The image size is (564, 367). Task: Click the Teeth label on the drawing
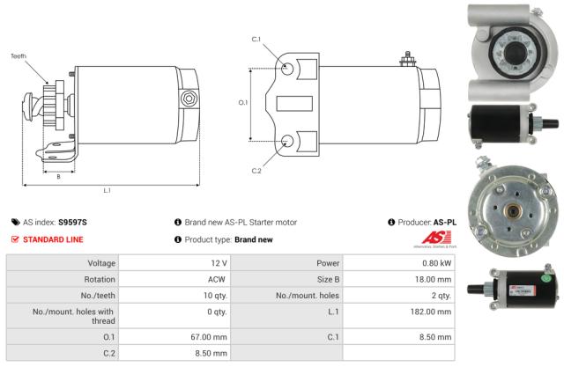click(x=19, y=55)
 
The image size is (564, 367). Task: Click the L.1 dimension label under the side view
click(x=107, y=190)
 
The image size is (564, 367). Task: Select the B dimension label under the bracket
click(x=58, y=175)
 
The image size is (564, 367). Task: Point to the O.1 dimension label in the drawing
click(x=244, y=103)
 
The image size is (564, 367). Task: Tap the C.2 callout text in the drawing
click(x=256, y=170)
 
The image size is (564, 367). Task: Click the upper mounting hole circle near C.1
click(x=287, y=67)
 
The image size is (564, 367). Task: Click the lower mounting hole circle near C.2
click(x=287, y=141)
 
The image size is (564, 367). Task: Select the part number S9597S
click(x=73, y=223)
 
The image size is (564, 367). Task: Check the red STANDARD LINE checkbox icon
click(x=15, y=239)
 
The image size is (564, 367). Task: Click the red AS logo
click(x=438, y=239)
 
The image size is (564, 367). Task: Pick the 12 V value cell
click(x=219, y=263)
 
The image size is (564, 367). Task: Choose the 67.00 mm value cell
click(x=211, y=335)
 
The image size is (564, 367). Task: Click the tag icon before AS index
click(x=15, y=223)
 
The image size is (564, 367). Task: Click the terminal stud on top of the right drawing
click(x=408, y=61)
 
